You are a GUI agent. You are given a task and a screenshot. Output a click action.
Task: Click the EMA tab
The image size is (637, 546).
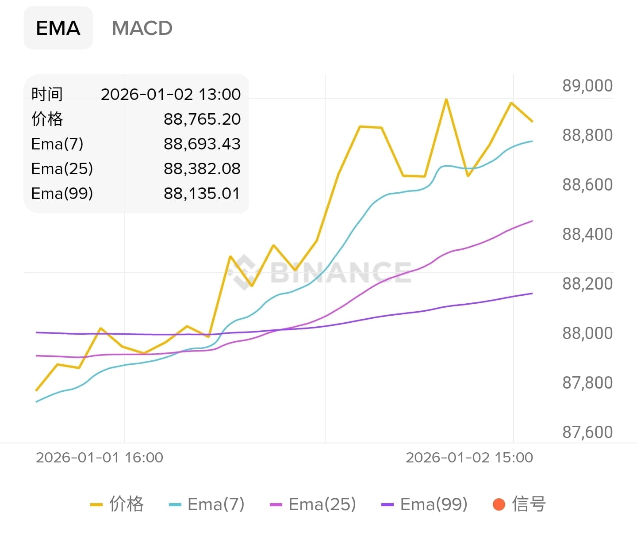click(58, 28)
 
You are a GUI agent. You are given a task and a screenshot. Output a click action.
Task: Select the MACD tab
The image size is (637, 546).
click(142, 28)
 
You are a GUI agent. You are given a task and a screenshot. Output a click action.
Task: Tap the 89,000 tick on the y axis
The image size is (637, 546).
click(587, 85)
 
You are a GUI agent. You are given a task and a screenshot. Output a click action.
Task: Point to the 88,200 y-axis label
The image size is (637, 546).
click(587, 283)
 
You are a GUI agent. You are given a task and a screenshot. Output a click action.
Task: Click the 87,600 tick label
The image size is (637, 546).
click(587, 432)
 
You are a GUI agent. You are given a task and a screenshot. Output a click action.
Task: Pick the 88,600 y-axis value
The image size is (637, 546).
click(587, 184)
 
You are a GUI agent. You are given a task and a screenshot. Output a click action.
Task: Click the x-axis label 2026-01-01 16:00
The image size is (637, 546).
click(100, 457)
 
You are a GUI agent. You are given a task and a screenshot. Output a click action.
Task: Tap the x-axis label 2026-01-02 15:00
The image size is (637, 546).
click(469, 457)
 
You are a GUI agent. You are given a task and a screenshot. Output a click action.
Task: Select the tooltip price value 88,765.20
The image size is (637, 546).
click(202, 119)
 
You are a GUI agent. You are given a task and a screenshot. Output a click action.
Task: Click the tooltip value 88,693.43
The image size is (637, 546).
click(202, 144)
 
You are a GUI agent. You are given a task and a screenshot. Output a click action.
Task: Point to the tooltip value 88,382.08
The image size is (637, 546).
click(202, 168)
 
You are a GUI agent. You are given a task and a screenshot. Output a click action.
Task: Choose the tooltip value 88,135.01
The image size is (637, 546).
click(202, 193)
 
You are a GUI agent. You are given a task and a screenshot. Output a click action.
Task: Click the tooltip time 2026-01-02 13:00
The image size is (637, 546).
click(171, 94)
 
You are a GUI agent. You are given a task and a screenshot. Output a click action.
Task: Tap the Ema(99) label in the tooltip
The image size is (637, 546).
click(62, 193)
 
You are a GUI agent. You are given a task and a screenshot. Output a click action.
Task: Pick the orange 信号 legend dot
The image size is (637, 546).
click(499, 504)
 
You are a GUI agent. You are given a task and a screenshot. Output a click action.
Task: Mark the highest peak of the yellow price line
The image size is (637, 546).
click(446, 100)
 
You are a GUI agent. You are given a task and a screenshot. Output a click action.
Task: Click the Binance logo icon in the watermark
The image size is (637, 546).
click(244, 271)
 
